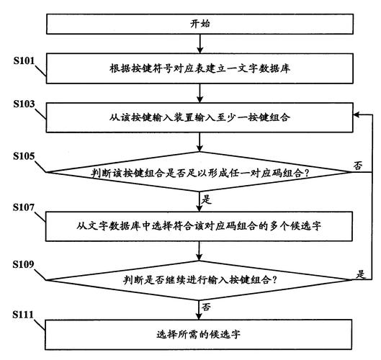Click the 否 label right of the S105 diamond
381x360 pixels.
358,165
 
